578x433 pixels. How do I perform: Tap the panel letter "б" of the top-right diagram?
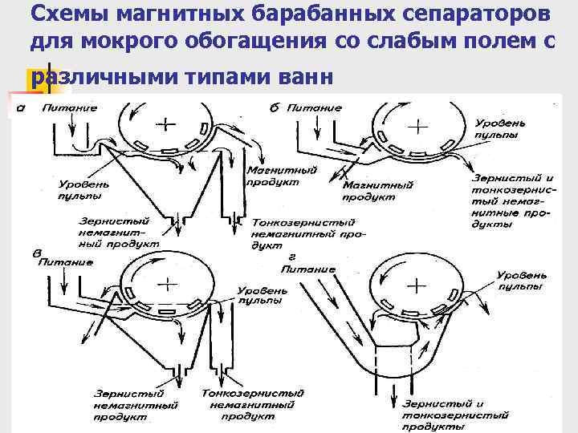point(275,107)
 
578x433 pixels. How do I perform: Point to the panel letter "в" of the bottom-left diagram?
point(37,253)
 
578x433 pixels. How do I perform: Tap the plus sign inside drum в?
point(166,282)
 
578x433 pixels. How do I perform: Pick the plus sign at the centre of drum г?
point(417,285)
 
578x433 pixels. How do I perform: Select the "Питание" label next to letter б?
point(316,107)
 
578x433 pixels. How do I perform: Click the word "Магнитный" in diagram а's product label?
point(271,171)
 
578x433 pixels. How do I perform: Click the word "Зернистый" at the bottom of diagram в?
point(128,395)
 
